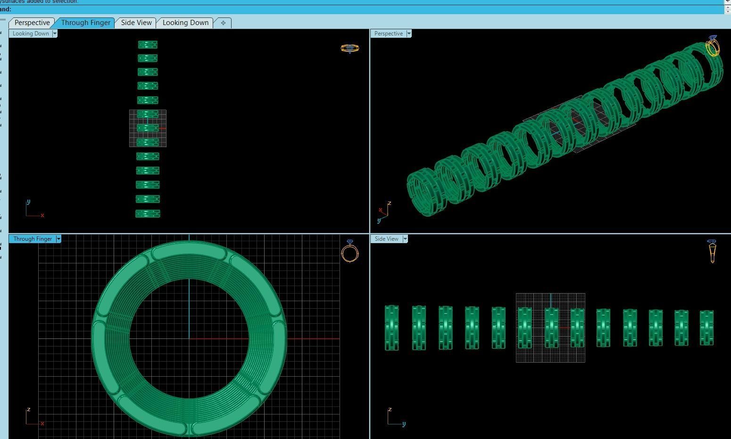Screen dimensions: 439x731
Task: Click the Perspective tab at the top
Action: [x=32, y=23]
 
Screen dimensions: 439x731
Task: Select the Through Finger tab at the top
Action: [x=85, y=23]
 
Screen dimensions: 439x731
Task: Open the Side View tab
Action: [x=136, y=23]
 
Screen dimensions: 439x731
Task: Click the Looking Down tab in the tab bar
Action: [x=185, y=23]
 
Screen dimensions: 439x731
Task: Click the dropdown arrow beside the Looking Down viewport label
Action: [x=55, y=34]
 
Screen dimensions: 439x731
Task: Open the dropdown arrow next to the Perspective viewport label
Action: [x=409, y=34]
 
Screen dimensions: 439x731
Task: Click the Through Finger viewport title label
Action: [x=32, y=239]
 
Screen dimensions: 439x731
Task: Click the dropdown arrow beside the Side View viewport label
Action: [x=405, y=239]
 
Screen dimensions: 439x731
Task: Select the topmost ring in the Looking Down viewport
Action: [x=148, y=45]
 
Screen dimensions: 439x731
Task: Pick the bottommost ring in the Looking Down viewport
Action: [x=148, y=214]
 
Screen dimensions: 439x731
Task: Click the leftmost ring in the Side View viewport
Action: [x=391, y=328]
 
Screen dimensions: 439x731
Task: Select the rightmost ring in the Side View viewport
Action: [x=706, y=328]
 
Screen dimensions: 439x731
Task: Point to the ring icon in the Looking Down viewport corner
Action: [x=349, y=48]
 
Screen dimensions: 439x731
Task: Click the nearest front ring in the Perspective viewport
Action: [x=424, y=193]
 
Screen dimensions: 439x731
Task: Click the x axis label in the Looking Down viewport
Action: [x=42, y=216]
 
